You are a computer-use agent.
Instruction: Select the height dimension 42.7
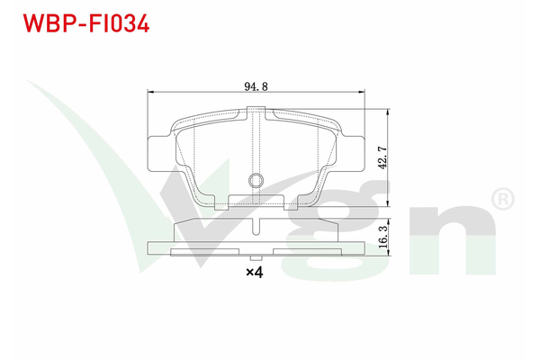tap(382, 159)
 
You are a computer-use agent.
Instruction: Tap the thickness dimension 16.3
tap(382, 238)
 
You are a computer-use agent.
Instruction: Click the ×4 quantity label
tap(255, 272)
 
